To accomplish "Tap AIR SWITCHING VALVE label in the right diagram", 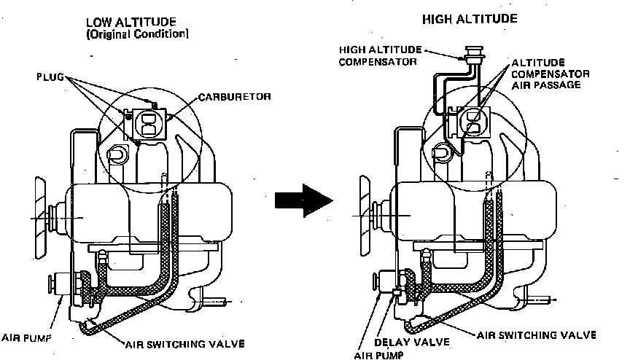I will pos(537,334).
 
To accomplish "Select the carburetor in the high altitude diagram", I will pos(473,120).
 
